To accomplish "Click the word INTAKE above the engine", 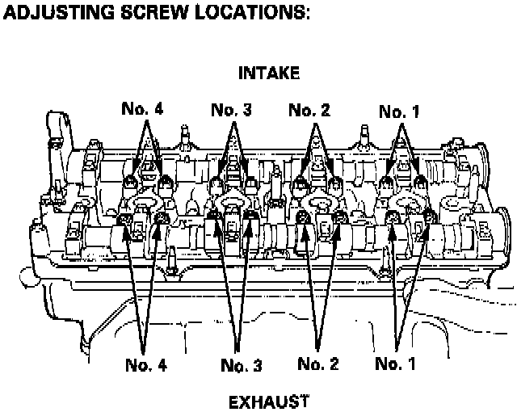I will tap(269, 74).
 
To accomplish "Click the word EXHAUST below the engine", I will tap(269, 401).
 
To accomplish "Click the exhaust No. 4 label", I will tap(145, 365).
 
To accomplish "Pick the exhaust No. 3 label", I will tap(241, 366).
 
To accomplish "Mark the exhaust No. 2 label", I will tap(318, 364).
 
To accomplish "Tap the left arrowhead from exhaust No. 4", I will tap(127, 225).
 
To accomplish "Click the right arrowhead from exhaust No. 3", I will tap(252, 222).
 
